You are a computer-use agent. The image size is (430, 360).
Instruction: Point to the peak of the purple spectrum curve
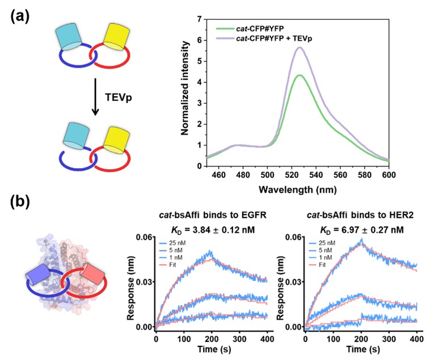point(299,48)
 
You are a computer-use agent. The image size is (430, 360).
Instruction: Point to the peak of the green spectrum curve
point(299,75)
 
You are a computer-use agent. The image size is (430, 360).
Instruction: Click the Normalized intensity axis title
point(185,93)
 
